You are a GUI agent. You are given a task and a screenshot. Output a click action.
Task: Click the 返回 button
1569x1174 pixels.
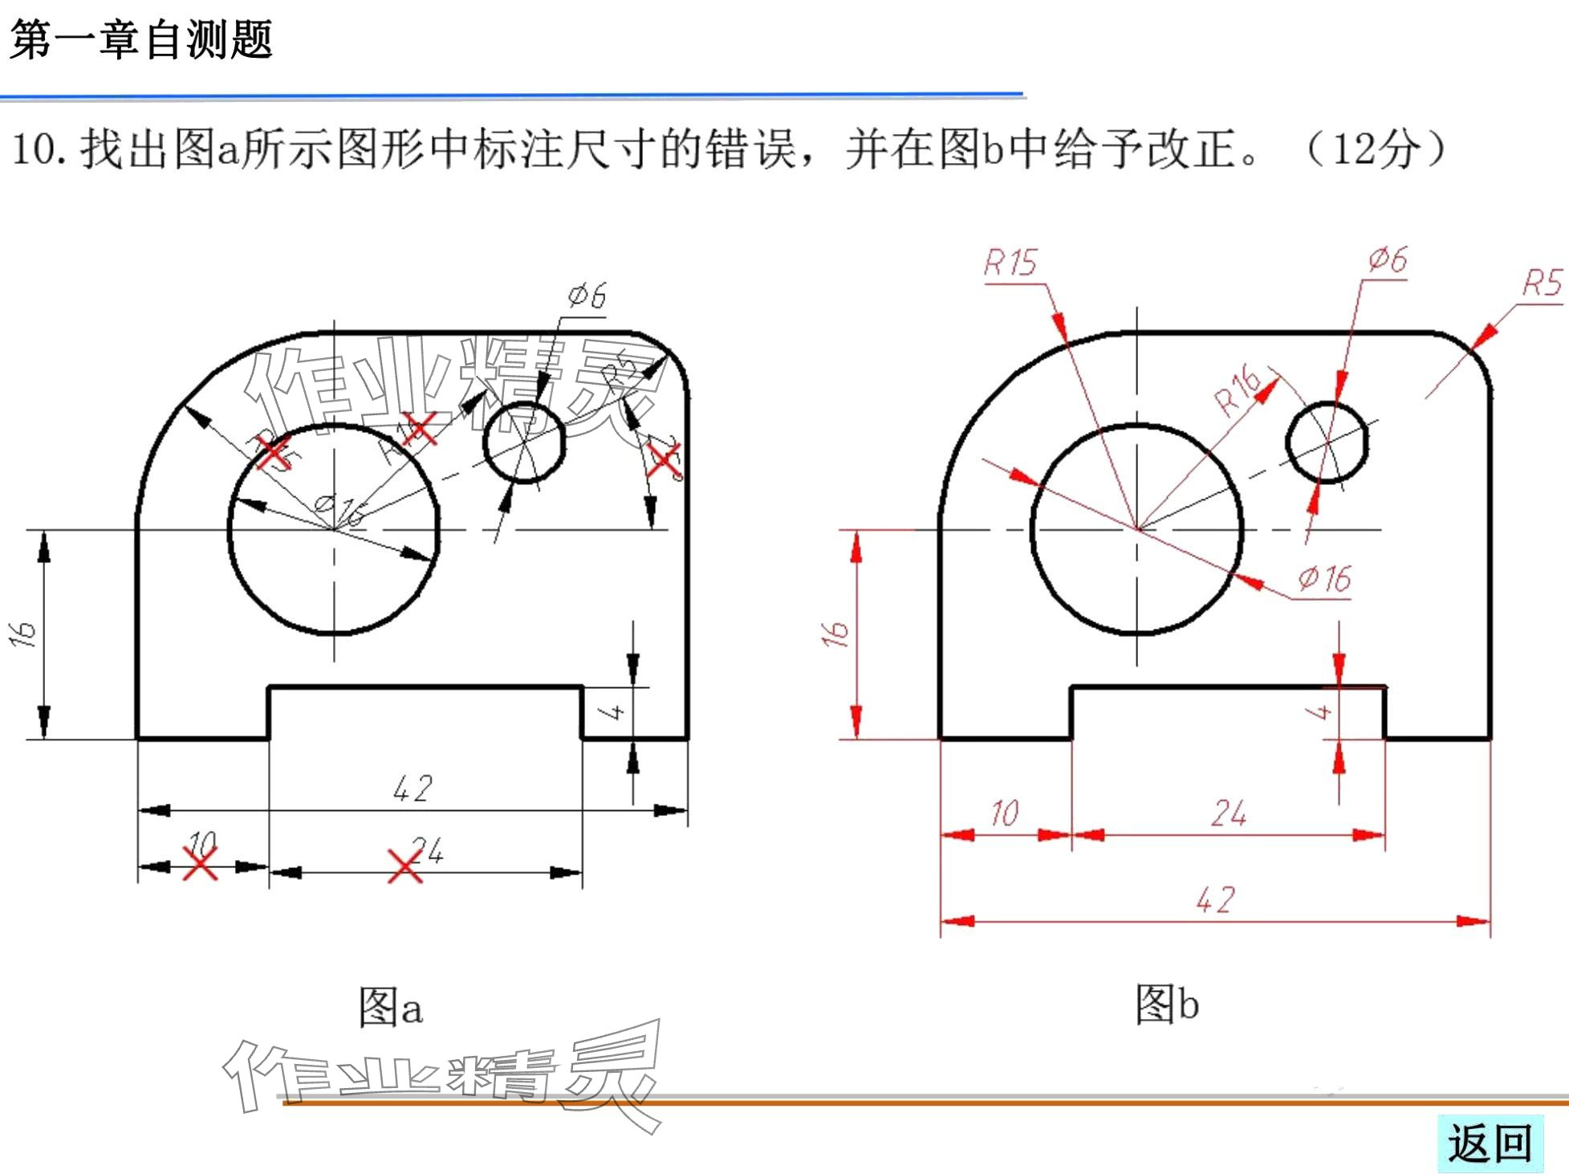[1490, 1143]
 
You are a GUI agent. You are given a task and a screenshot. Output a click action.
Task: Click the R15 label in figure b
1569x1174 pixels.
[1010, 263]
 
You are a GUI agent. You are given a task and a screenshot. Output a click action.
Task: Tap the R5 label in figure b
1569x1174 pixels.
[1542, 283]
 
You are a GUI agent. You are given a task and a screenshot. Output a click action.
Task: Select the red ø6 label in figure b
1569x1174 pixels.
[1388, 259]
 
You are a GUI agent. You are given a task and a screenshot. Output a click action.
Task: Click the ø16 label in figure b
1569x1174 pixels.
[1323, 578]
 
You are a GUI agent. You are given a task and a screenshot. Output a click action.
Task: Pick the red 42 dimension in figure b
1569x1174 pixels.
[1214, 899]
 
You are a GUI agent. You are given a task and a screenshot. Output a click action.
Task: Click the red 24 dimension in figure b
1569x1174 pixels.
[1228, 813]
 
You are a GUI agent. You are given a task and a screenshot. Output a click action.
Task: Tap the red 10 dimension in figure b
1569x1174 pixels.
[1003, 813]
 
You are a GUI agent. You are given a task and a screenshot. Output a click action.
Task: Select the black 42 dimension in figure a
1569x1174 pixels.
[413, 789]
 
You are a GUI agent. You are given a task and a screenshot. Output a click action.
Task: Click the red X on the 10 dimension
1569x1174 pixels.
[200, 864]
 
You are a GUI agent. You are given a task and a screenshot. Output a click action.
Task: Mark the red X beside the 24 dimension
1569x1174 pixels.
[404, 866]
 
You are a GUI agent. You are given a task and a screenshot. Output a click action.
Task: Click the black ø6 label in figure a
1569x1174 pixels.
[587, 296]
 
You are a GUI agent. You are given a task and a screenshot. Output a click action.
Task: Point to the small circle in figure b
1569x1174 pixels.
[1327, 442]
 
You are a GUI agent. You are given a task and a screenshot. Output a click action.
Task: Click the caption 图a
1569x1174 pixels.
[390, 1007]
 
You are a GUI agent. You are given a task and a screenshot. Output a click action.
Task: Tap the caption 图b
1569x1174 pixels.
[1166, 1005]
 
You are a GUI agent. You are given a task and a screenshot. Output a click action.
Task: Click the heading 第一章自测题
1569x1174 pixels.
[141, 39]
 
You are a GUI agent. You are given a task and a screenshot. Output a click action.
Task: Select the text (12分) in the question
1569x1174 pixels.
[1376, 149]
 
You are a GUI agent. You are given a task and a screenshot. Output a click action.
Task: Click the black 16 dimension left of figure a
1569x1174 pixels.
[24, 634]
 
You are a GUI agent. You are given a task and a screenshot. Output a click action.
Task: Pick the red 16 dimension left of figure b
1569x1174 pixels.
[835, 634]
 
